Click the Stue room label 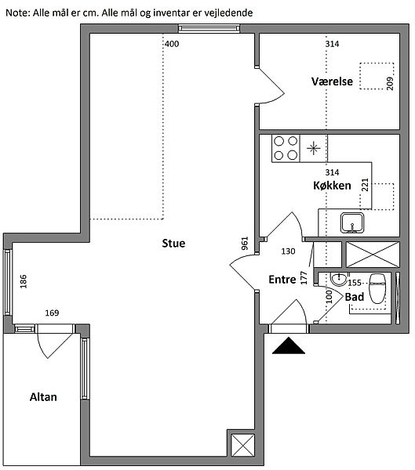[x=173, y=243]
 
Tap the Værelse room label [x=332, y=81]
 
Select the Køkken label [x=332, y=186]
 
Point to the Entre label [x=282, y=280]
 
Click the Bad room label [x=355, y=297]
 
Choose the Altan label [x=43, y=397]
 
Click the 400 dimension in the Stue [x=172, y=44]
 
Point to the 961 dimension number [x=245, y=244]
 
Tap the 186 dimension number [x=23, y=281]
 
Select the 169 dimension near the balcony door [x=52, y=313]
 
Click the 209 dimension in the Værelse [x=390, y=83]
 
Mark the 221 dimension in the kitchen [x=365, y=185]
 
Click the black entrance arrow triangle [x=289, y=345]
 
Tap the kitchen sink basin [x=352, y=222]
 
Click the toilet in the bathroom [x=377, y=288]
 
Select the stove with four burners [x=286, y=148]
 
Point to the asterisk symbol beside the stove [x=314, y=148]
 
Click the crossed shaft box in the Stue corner [x=242, y=446]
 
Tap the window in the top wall [x=209, y=28]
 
